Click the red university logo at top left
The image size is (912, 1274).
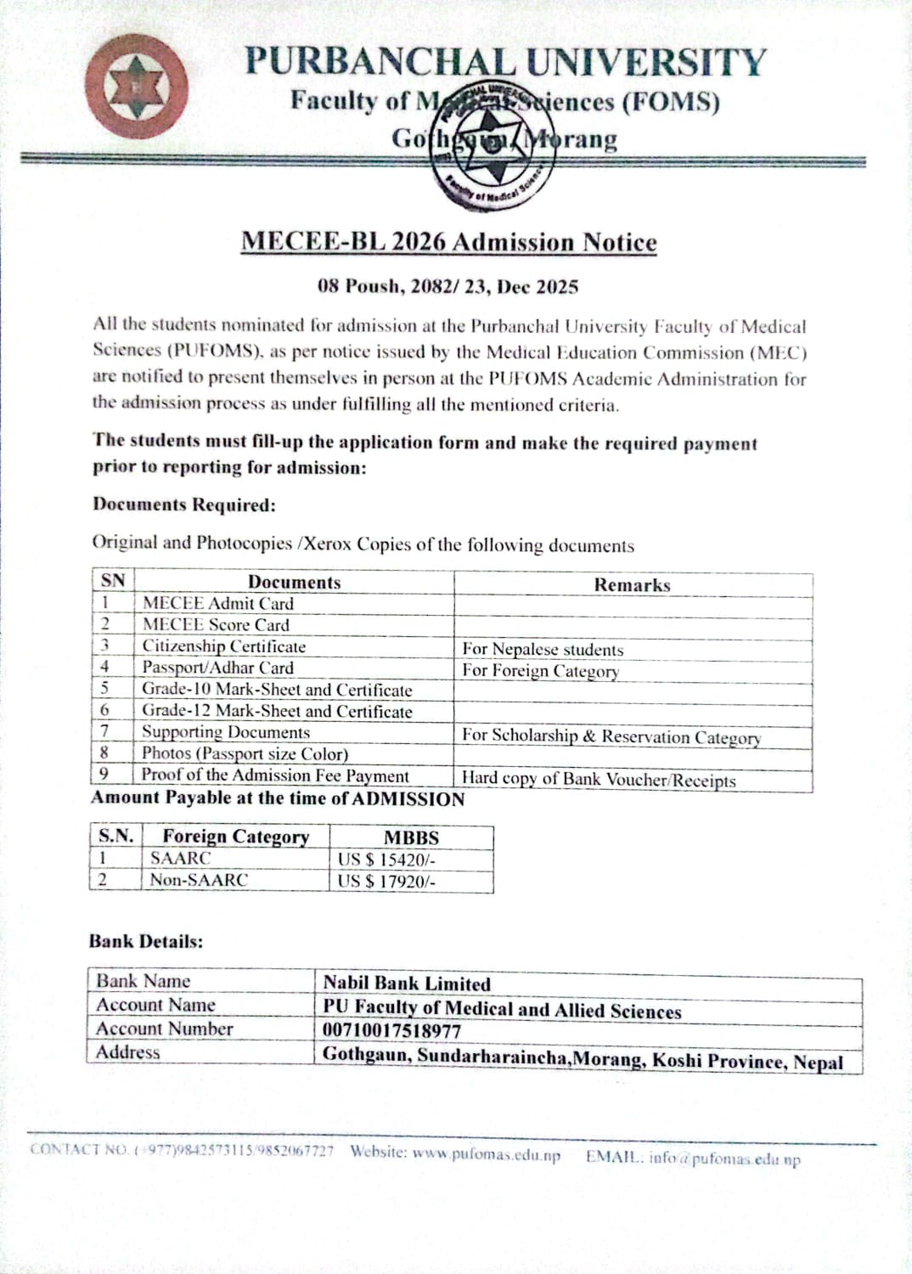136,87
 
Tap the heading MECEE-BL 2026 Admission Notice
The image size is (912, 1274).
448,242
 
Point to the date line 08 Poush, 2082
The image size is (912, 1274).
448,286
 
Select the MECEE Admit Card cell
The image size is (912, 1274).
218,604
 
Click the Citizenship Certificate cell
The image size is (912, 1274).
223,646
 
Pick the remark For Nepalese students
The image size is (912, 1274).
543,650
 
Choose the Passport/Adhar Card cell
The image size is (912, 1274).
217,668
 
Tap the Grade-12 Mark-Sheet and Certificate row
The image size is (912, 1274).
277,712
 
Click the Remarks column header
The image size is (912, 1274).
632,585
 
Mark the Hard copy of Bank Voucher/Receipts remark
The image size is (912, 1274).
599,780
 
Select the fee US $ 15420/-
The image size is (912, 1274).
386,860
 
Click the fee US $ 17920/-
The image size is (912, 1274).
386,882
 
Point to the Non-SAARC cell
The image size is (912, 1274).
199,880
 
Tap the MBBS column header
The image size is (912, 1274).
411,837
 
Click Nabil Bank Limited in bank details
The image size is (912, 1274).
407,984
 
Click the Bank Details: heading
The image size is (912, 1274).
146,942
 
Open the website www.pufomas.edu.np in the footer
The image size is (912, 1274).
487,1154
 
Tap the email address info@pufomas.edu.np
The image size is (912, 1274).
724,1158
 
